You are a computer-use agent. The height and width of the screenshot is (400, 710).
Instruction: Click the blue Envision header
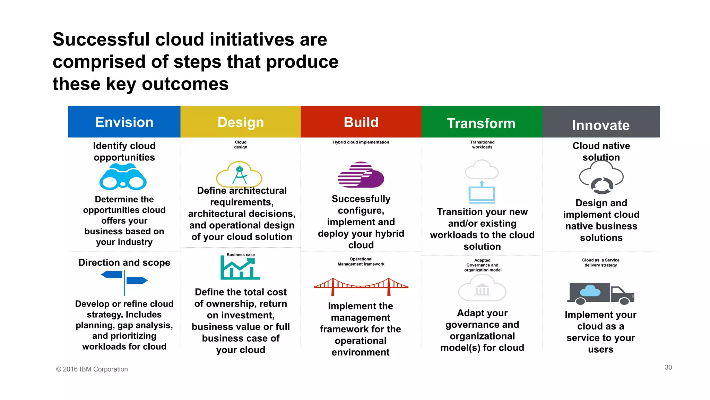124,122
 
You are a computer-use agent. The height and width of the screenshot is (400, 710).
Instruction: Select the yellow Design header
241,122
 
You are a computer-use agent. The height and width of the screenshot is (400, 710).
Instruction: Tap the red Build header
361,122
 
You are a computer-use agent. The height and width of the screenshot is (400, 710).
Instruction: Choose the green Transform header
482,122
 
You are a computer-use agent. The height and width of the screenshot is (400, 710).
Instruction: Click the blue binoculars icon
123,177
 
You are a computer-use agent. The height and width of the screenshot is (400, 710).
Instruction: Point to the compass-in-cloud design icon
239,174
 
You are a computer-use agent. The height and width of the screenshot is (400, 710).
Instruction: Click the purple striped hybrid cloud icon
361,175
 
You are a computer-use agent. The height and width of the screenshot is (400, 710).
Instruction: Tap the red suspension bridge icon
361,286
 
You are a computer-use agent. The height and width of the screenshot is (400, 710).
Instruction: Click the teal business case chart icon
240,268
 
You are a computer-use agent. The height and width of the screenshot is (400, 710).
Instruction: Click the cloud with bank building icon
482,288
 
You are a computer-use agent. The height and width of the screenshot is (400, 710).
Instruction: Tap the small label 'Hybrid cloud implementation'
361,142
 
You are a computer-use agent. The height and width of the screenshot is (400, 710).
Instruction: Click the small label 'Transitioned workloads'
482,144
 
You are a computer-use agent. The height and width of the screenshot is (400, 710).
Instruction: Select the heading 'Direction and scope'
124,262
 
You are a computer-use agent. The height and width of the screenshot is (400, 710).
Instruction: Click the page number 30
668,367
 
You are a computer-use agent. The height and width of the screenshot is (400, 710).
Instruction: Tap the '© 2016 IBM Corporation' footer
92,369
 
